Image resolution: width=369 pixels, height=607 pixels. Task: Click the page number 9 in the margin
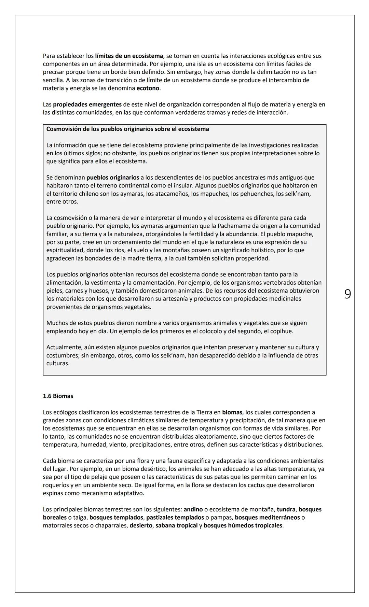(347, 294)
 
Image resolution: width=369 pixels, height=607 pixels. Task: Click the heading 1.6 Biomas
(58, 396)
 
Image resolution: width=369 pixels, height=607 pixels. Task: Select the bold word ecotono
(148, 88)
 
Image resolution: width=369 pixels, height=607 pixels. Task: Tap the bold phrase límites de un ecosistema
(129, 56)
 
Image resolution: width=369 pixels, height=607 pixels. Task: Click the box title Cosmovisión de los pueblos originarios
(127, 129)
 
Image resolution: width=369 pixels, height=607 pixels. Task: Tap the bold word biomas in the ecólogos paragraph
(232, 412)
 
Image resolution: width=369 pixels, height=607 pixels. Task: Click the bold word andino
(193, 509)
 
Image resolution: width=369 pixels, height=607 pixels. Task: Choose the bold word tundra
(286, 509)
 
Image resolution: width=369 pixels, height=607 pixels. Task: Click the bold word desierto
(141, 525)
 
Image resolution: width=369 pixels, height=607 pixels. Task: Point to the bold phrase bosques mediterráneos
(267, 518)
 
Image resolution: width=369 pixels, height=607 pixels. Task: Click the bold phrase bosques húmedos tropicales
(243, 525)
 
